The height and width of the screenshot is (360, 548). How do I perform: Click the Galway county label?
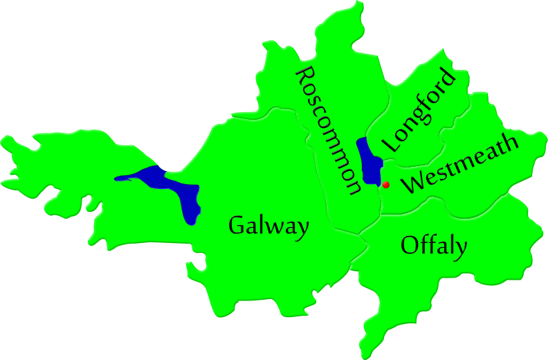268,226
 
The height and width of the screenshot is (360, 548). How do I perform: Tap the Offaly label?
434,246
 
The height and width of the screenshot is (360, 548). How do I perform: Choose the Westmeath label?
461,165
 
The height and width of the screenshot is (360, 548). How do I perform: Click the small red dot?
386,185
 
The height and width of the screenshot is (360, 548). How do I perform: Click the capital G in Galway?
237,225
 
